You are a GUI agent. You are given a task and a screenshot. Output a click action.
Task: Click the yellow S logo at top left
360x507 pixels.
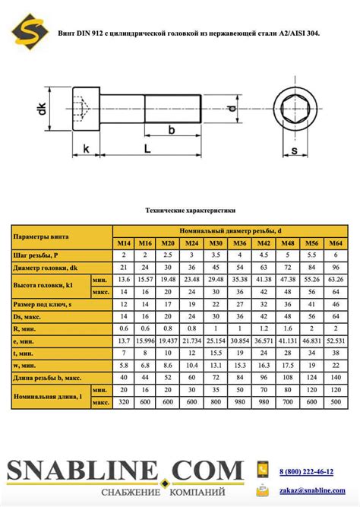pos(30,31)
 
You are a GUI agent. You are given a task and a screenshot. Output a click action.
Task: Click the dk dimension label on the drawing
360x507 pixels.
pos(42,109)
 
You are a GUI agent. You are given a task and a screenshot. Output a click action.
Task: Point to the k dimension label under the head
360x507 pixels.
pos(86,148)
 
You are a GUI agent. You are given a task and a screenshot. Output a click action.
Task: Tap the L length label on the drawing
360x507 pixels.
pos(147,148)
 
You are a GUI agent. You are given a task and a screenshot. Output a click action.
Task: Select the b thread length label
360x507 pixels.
pos(172,130)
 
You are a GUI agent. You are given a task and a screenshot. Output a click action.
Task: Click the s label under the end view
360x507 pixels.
pos(295,151)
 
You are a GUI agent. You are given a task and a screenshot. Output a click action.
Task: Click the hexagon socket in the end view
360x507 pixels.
pos(294,109)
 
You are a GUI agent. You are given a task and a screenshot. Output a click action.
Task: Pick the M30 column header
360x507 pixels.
pos(216,243)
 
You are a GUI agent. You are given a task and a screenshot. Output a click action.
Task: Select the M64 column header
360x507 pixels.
pos(336,243)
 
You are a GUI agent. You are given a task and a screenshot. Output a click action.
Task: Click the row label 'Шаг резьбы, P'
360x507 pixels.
pos(36,255)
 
